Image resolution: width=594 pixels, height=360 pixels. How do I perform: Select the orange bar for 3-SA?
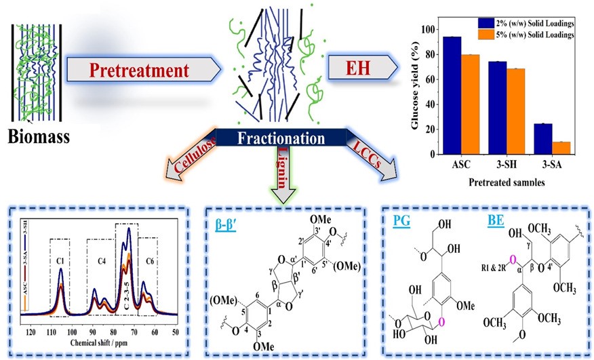tap(561, 148)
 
